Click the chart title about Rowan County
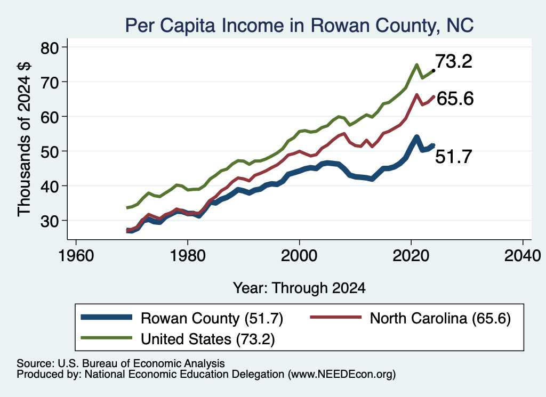point(299,25)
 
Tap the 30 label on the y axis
point(50,221)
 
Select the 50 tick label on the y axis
point(50,151)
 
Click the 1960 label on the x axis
point(76,256)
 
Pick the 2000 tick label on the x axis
point(299,256)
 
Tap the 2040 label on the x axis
point(523,256)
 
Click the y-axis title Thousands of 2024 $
point(25,139)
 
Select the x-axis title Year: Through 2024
point(299,288)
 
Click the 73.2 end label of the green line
point(454,61)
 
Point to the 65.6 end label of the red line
point(455,99)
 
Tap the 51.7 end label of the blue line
point(454,157)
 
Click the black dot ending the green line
point(433,71)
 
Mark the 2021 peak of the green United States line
point(416,64)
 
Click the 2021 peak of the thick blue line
point(416,137)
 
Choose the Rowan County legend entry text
point(212,318)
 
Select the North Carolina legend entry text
point(440,318)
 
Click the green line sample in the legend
point(107,338)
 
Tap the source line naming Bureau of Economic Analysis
point(121,363)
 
